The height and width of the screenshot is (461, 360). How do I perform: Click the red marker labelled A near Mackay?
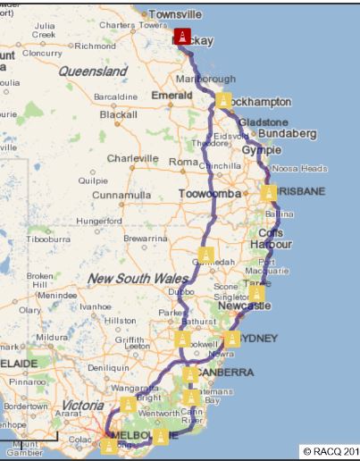183,37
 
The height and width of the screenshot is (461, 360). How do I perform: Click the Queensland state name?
93,71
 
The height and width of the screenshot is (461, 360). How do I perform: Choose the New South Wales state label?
137,279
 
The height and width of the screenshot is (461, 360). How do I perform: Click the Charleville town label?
133,158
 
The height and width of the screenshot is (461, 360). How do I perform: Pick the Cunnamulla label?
122,194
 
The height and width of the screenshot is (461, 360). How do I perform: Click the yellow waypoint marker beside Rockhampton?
223,100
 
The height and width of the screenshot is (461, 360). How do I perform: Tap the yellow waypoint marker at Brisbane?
269,192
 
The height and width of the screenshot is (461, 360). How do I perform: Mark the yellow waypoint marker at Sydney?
232,339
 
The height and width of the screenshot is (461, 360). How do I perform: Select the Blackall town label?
119,114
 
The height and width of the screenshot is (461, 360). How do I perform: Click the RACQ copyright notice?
331,451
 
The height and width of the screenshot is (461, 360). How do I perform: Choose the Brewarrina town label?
145,239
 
